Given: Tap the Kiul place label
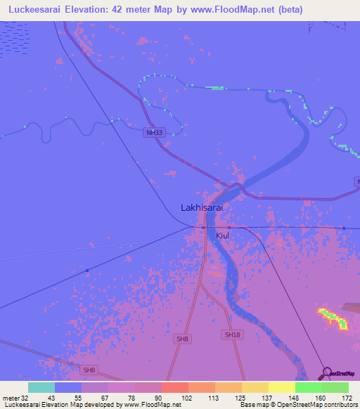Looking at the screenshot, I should pos(223,236).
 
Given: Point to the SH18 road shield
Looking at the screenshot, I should pos(233,335).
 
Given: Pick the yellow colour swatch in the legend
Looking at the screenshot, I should pos(281,387).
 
